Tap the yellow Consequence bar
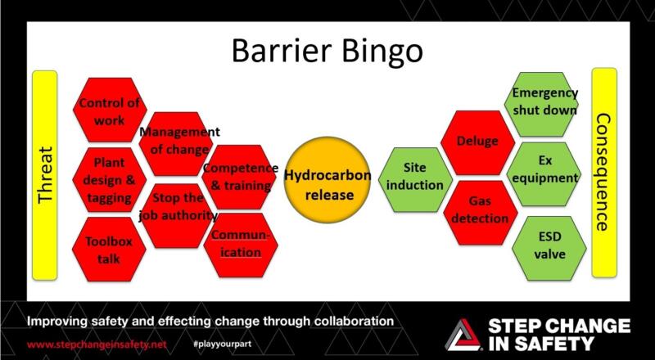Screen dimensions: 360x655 [603, 173]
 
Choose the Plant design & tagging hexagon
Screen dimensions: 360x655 [109, 179]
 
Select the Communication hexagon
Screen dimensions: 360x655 [238, 243]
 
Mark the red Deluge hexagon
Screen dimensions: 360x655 [477, 142]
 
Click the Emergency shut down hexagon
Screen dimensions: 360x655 [544, 102]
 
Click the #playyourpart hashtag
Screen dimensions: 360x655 [224, 344]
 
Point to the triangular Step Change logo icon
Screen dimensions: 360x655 [462, 334]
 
